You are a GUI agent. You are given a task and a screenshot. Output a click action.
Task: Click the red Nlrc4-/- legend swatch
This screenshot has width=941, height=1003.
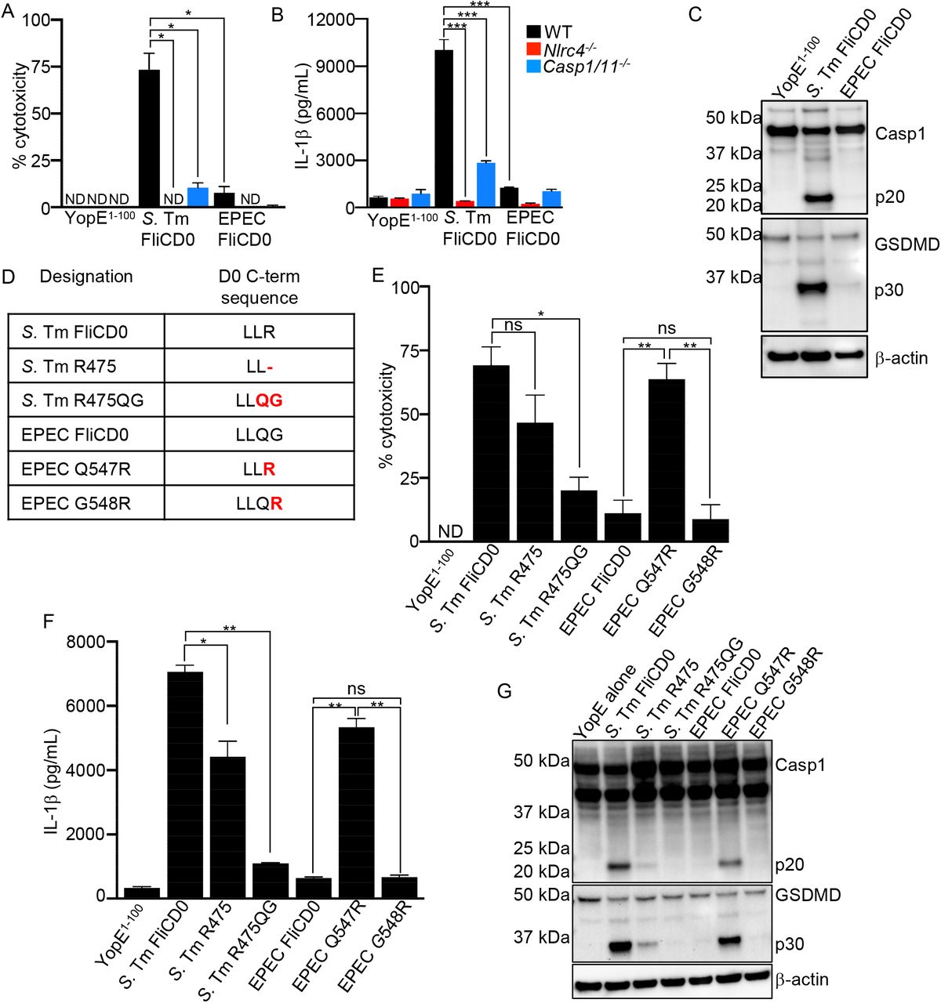pos(533,49)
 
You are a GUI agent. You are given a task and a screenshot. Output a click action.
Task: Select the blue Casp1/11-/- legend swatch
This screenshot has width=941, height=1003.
pos(533,66)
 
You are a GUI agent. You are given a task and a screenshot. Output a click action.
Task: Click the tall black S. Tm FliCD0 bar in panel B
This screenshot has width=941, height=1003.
pos(444,129)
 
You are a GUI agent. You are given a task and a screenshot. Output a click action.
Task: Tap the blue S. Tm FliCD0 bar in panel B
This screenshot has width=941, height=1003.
pos(485,185)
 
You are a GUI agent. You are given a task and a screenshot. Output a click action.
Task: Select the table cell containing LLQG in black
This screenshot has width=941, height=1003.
pos(259,435)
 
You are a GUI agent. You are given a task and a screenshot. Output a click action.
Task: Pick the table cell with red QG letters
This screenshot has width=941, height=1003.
pos(259,400)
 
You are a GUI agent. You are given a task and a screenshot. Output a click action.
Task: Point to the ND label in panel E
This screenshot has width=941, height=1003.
pos(450,532)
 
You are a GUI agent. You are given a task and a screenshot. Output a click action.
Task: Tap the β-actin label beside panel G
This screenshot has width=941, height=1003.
pos(801,979)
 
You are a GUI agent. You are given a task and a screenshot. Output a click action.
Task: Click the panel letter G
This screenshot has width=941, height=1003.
pos(505,691)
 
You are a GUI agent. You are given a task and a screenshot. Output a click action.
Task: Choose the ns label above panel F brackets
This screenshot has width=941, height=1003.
pos(356,689)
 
